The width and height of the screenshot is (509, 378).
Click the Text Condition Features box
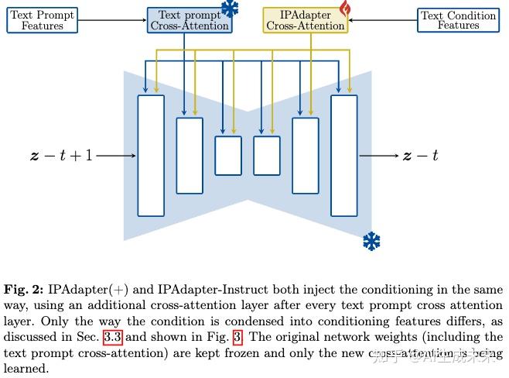pos(458,20)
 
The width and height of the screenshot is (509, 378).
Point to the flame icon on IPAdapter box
pos(344,9)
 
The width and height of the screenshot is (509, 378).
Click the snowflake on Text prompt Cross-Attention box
pos(230,9)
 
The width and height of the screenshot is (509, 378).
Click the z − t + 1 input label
pos(61,156)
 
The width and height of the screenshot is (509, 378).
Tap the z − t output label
pos(420,156)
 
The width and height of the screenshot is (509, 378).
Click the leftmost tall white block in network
pos(151,155)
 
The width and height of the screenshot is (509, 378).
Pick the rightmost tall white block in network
pos(344,155)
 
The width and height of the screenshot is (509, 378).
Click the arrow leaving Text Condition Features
pos(383,20)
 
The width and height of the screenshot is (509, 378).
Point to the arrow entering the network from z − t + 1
pos(116,156)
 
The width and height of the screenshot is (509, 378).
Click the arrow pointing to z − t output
pos(379,156)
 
